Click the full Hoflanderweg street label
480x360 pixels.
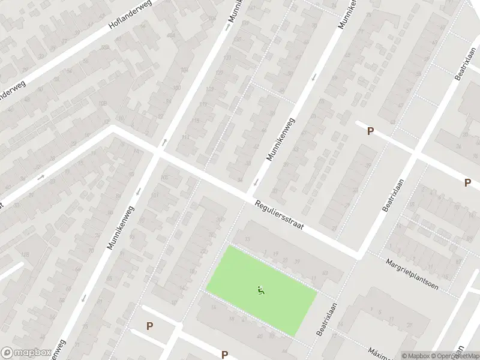click(130, 16)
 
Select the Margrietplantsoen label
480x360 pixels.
click(412, 274)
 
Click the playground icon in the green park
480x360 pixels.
click(261, 291)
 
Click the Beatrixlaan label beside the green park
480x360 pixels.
click(324, 318)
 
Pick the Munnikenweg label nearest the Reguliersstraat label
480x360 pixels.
click(281, 139)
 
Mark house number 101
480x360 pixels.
click(155, 194)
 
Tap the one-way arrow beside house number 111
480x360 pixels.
click(164, 142)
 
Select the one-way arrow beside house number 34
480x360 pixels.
click(257, 182)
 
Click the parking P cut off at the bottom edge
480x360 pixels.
click(224, 355)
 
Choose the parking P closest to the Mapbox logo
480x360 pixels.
click(149, 326)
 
